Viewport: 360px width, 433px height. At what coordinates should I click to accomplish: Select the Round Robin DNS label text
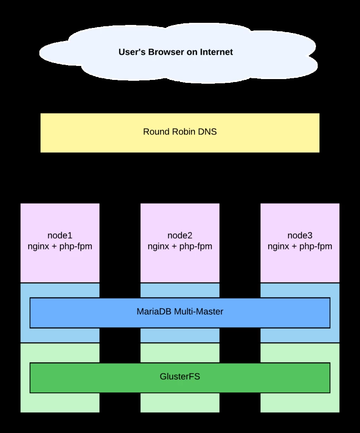[180, 132]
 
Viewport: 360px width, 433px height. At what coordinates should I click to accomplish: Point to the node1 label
[60, 236]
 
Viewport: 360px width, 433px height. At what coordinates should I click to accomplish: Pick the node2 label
[180, 236]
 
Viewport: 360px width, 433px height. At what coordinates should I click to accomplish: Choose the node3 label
[300, 236]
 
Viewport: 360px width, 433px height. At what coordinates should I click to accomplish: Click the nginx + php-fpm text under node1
[60, 246]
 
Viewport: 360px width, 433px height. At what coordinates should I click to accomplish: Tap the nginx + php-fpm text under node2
[180, 246]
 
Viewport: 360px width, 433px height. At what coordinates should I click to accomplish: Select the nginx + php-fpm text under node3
[300, 246]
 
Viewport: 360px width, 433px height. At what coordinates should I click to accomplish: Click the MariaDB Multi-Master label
[180, 312]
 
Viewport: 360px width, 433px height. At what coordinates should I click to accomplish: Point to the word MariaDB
[153, 312]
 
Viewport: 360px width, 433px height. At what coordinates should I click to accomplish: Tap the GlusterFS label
[180, 376]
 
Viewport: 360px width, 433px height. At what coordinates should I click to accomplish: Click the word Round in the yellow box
[155, 132]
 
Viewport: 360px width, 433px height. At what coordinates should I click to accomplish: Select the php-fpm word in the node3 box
[316, 246]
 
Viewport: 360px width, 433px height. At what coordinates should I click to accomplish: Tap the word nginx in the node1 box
[38, 246]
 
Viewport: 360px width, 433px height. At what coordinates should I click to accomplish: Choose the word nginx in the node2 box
[158, 246]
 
